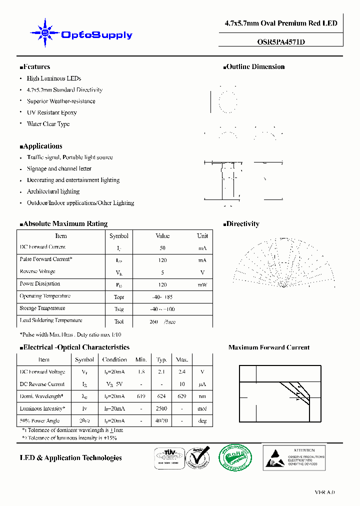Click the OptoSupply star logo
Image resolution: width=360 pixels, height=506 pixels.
[45, 33]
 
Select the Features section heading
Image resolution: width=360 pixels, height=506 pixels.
[35, 66]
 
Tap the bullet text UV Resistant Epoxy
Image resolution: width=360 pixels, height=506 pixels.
[51, 112]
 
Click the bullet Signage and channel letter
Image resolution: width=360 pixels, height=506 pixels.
[59, 168]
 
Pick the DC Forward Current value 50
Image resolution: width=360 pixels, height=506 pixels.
[162, 248]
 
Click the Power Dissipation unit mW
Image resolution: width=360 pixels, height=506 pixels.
[202, 284]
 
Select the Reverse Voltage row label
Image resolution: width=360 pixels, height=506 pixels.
[37, 271]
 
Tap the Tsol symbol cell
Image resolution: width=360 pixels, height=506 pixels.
[118, 321]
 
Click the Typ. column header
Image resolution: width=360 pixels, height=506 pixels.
[161, 359]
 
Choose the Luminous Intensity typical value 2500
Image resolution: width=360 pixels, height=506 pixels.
[161, 408]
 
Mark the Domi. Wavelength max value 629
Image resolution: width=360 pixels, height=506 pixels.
[182, 396]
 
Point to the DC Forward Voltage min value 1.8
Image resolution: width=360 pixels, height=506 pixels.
[141, 372]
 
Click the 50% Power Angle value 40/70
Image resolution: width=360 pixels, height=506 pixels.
[161, 421]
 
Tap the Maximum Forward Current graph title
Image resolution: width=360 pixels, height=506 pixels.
[268, 347]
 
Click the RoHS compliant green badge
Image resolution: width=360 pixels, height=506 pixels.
[236, 457]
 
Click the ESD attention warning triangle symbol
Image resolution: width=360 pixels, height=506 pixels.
[275, 457]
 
